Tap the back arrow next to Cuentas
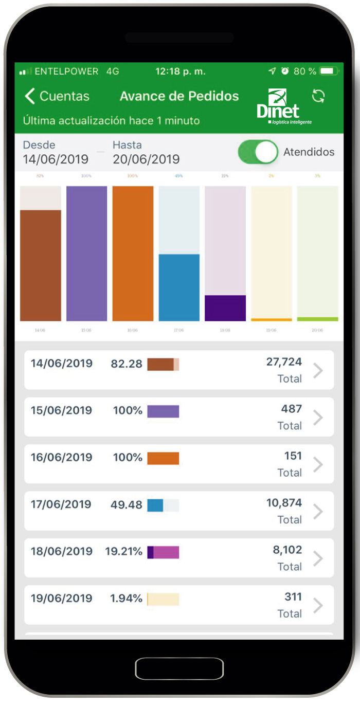(30, 96)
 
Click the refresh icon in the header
(318, 96)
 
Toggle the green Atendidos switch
(258, 152)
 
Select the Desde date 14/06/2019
(56, 159)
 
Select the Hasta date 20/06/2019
(146, 159)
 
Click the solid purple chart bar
(87, 253)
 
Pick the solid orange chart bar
(133, 253)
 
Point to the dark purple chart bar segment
(225, 307)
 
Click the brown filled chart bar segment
(41, 265)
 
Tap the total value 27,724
(284, 362)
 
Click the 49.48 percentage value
(127, 505)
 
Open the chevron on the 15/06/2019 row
(318, 418)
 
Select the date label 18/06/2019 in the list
(62, 551)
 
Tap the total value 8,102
(287, 550)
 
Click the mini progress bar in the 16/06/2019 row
(163, 458)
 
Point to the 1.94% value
(126, 599)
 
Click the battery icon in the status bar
(330, 71)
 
